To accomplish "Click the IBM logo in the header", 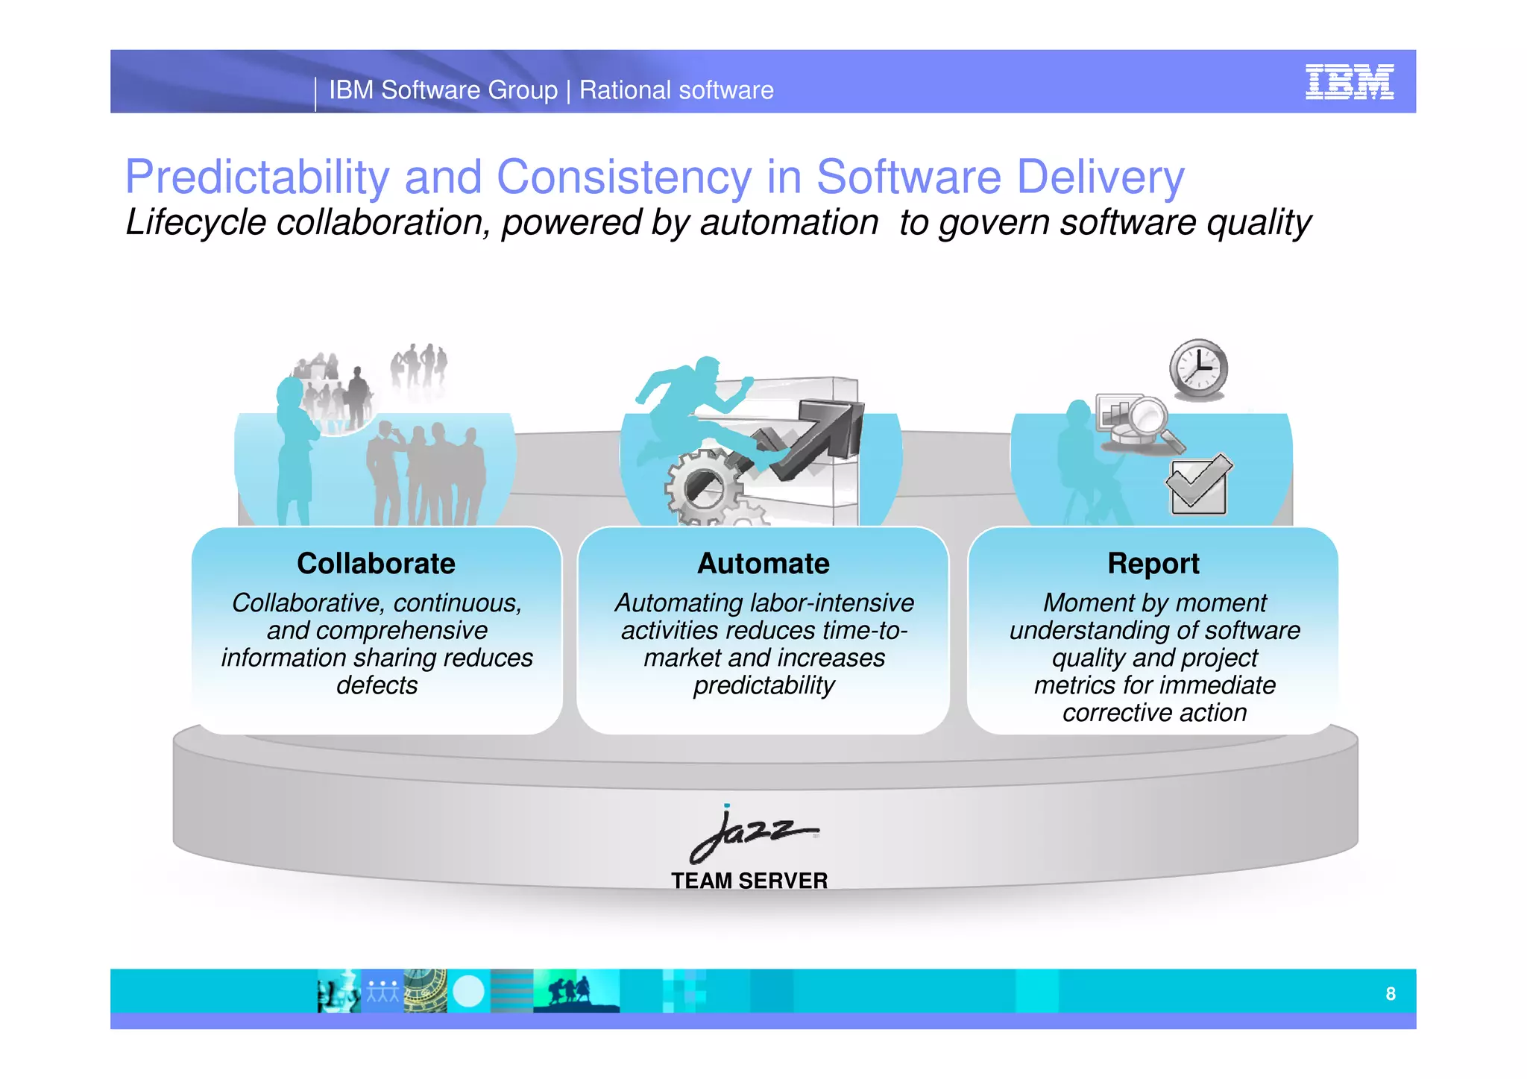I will point(1349,82).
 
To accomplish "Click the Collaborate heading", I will point(376,564).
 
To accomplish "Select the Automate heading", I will point(763,564).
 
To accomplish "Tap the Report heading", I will point(1153,564).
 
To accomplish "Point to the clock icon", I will point(1197,369).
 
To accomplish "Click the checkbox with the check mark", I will point(1197,485).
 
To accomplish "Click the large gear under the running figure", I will point(702,488).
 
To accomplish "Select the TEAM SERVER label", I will point(749,881).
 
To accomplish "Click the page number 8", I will point(1391,993).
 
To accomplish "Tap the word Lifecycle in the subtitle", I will point(196,223).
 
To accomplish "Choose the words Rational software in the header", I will point(676,90).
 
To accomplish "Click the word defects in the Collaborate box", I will point(377,685).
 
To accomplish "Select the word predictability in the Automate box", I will point(763,685).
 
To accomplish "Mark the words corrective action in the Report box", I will point(1154,713).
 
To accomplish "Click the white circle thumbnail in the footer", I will point(468,992).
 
